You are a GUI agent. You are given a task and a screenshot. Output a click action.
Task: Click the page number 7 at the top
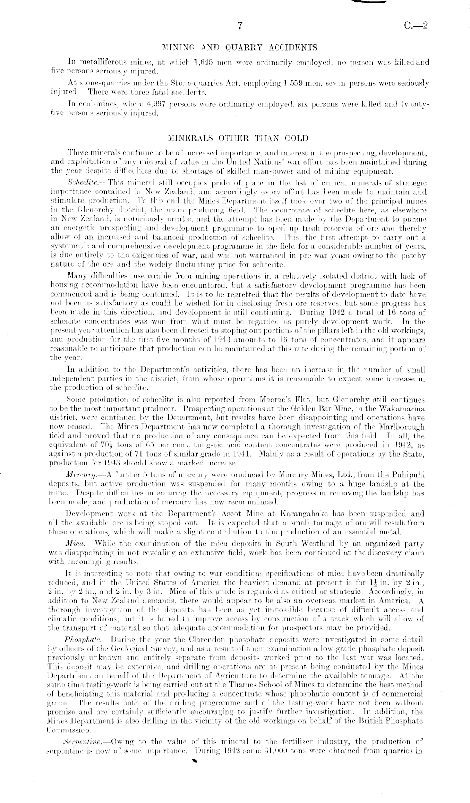239,26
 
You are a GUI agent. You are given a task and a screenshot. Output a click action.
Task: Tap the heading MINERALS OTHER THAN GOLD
238,138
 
